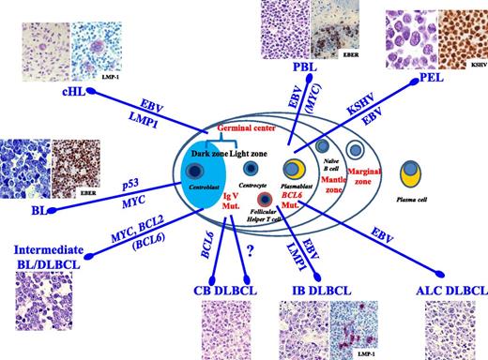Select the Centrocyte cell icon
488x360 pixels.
coord(250,169)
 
